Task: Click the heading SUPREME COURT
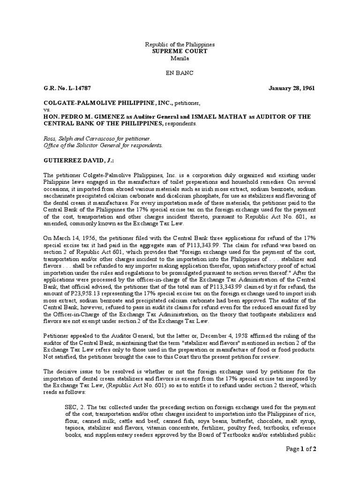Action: click(x=180, y=51)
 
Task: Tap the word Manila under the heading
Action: click(x=180, y=58)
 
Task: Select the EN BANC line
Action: click(x=180, y=74)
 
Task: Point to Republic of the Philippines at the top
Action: click(x=180, y=44)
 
